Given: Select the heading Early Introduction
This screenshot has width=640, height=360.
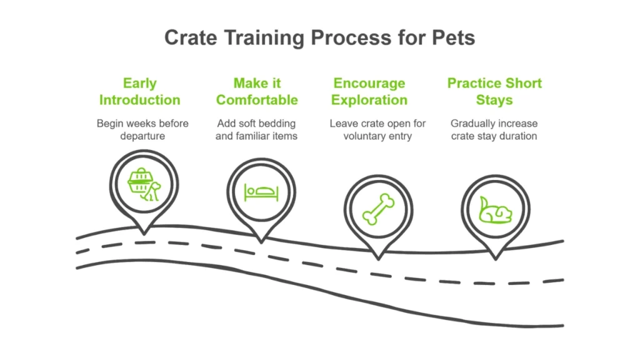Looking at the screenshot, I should pyautogui.click(x=139, y=91).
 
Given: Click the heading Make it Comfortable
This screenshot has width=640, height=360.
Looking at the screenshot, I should pyautogui.click(x=257, y=91).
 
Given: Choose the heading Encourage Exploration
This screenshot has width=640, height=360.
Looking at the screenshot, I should pyautogui.click(x=369, y=91).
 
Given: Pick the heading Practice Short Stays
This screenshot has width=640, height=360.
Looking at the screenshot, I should pyautogui.click(x=494, y=91).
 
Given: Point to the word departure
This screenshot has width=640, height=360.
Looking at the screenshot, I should pyautogui.click(x=142, y=136).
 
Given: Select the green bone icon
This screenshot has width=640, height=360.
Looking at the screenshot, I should pyautogui.click(x=378, y=209).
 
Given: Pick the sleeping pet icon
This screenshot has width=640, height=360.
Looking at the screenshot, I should pyautogui.click(x=495, y=209).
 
